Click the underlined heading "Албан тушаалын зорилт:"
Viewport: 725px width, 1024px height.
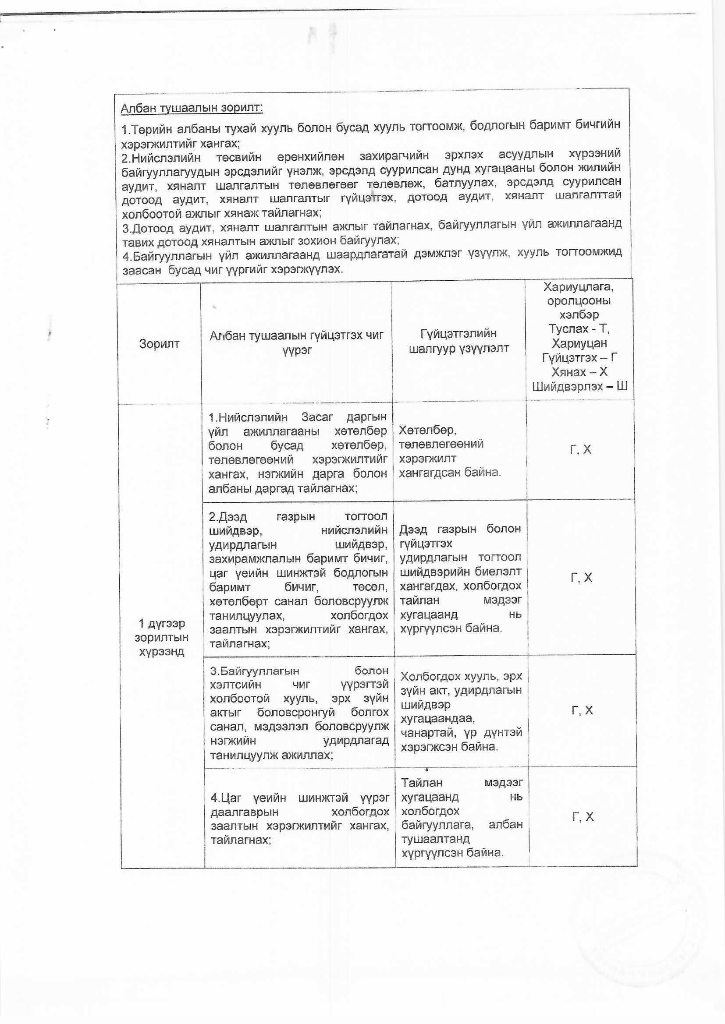[192, 108]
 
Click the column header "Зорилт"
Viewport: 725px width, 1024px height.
[159, 343]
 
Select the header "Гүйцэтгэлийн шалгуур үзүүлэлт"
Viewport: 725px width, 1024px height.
[458, 341]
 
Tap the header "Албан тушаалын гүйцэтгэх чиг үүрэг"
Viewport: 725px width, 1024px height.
[296, 342]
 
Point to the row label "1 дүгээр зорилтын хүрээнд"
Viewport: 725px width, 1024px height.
[161, 637]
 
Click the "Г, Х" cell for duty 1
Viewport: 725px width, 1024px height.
[580, 449]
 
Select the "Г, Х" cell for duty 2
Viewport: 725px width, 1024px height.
[581, 578]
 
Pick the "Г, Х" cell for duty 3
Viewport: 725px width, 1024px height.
[582, 710]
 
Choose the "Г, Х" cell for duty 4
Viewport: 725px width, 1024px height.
[583, 816]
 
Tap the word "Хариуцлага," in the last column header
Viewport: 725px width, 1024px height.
[579, 286]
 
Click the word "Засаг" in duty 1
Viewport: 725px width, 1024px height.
[317, 417]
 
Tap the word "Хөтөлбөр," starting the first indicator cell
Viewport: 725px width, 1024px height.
[427, 430]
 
